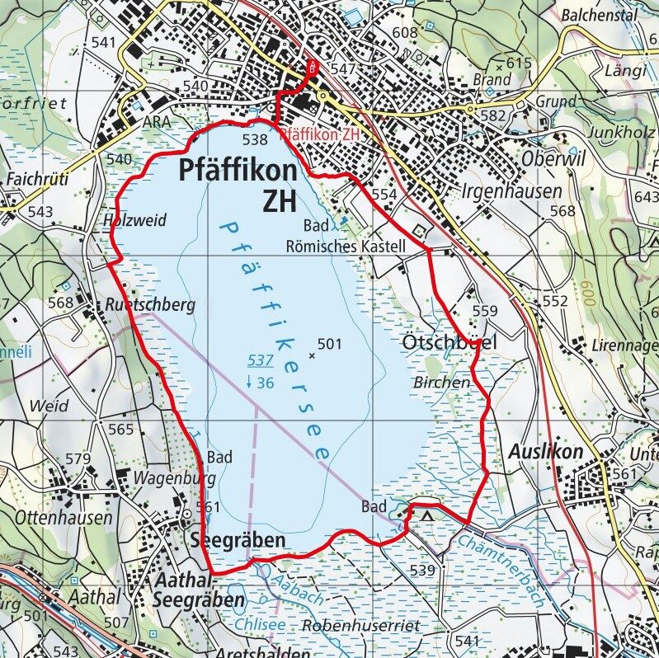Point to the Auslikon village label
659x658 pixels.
point(544,452)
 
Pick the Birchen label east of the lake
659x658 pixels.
point(441,382)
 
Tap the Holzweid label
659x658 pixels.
point(135,220)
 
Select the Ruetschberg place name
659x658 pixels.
point(150,304)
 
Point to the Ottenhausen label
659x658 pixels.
point(63,518)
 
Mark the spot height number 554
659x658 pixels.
point(384,194)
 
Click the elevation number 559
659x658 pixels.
point(486,311)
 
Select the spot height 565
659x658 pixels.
point(120,429)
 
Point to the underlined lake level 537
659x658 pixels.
point(261,360)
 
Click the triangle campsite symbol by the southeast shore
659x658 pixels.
point(427,516)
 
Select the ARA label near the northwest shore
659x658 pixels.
point(157,121)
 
